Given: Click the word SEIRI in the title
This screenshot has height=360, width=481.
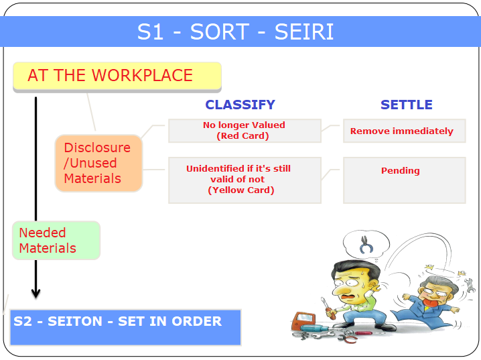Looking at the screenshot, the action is pos(303,32).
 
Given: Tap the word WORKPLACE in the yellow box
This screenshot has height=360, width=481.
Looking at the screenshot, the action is pos(142,75).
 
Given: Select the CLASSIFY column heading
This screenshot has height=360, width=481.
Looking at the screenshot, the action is pos(240,105).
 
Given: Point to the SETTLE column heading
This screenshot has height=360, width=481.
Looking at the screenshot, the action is pos(407,105).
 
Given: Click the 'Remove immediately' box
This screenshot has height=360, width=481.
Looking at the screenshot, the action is pos(405,131).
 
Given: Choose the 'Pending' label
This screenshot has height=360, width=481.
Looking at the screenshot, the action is pos(401,170).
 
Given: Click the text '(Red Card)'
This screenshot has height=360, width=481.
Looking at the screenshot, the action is pos(243,136).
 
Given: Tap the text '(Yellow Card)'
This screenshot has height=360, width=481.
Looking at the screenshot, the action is pos(241,190).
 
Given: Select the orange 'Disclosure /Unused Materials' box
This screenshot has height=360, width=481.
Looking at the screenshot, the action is pos(98,164).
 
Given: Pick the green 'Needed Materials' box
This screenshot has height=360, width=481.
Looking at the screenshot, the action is pos(56,240).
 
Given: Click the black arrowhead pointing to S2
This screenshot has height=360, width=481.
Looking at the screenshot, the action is pos(36,293).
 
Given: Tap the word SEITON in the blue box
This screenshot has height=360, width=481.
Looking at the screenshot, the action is pos(75,321).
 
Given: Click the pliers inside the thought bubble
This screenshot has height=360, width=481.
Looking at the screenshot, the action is pos(366,245).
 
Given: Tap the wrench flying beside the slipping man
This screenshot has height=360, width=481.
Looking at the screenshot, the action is pos(469,285).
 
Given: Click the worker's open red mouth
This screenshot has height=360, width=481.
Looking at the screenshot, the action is pos(346,297).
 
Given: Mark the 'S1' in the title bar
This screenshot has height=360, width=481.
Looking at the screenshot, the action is pos(150,32).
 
